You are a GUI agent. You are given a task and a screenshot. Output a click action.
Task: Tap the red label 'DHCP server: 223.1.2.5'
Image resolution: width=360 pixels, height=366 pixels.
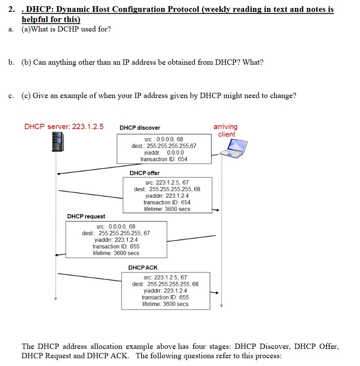pyautogui.click(x=64, y=127)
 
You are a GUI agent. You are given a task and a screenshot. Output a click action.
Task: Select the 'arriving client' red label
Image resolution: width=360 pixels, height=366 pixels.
pyautogui.click(x=226, y=130)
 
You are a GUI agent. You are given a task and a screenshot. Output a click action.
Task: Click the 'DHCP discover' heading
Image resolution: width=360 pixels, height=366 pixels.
pyautogui.click(x=140, y=128)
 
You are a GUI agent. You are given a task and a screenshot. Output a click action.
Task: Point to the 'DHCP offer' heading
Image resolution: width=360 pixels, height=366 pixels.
pyautogui.click(x=145, y=173)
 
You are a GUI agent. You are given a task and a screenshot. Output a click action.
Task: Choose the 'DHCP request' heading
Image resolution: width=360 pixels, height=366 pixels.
pyautogui.click(x=86, y=216)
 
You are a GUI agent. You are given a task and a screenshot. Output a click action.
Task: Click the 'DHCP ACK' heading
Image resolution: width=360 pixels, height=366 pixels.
pyautogui.click(x=143, y=268)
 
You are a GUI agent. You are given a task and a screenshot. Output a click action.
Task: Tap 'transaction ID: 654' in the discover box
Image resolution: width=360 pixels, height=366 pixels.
pyautogui.click(x=164, y=159)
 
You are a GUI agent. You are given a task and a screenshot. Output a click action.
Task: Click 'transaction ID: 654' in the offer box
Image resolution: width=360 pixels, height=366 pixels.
pyautogui.click(x=167, y=202)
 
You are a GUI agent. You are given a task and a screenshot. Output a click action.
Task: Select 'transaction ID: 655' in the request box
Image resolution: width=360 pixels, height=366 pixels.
pyautogui.click(x=116, y=246)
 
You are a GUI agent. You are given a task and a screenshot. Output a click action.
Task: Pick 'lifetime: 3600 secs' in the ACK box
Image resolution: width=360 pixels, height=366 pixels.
pyautogui.click(x=165, y=304)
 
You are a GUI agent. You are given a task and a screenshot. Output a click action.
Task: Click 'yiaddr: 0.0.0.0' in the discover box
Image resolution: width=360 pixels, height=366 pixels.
pyautogui.click(x=164, y=152)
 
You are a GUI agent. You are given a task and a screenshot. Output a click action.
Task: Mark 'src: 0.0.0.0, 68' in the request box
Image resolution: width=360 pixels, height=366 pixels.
pyautogui.click(x=116, y=226)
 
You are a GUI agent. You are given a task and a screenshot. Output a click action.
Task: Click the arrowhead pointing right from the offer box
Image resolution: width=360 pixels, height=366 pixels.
pyautogui.click(x=216, y=211)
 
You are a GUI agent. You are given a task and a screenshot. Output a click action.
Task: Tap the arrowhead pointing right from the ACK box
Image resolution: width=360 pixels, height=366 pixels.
pyautogui.click(x=215, y=292)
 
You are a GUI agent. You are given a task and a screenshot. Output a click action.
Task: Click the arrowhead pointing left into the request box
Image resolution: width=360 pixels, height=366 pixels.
pyautogui.click(x=58, y=255)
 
